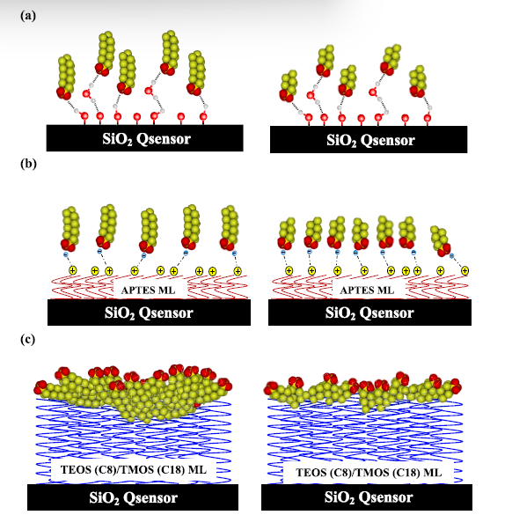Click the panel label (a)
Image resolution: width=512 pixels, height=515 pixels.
point(28,16)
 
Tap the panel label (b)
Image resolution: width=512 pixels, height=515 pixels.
point(28,164)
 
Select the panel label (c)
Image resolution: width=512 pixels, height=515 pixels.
point(27,339)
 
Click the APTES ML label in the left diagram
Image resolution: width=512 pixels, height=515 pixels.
point(148,290)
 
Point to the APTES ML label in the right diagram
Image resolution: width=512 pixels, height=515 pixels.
point(367,290)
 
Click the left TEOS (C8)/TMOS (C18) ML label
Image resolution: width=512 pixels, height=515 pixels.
point(133,470)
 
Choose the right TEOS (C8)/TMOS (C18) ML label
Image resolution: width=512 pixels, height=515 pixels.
point(369,472)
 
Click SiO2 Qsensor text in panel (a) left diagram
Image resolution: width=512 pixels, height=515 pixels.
point(146,138)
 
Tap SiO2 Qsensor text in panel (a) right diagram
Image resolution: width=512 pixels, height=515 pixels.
point(370,140)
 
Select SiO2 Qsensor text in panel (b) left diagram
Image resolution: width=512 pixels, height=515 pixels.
point(149,313)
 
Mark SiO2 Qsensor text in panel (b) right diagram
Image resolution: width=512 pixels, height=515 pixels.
point(369,313)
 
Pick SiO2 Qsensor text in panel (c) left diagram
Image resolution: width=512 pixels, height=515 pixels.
point(133,497)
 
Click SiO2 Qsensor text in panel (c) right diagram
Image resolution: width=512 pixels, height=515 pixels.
point(369,497)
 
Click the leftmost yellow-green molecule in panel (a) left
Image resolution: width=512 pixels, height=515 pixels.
point(66,77)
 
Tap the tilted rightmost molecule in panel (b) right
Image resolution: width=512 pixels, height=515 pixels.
point(441,240)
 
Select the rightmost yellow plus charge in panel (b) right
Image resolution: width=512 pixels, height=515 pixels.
point(464,271)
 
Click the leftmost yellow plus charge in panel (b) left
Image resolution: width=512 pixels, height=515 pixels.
point(72,270)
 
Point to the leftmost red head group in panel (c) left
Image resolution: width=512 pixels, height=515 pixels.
point(40,387)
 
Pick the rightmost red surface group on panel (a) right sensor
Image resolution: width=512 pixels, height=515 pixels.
point(427,118)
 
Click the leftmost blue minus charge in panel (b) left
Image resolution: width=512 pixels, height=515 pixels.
point(66,255)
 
